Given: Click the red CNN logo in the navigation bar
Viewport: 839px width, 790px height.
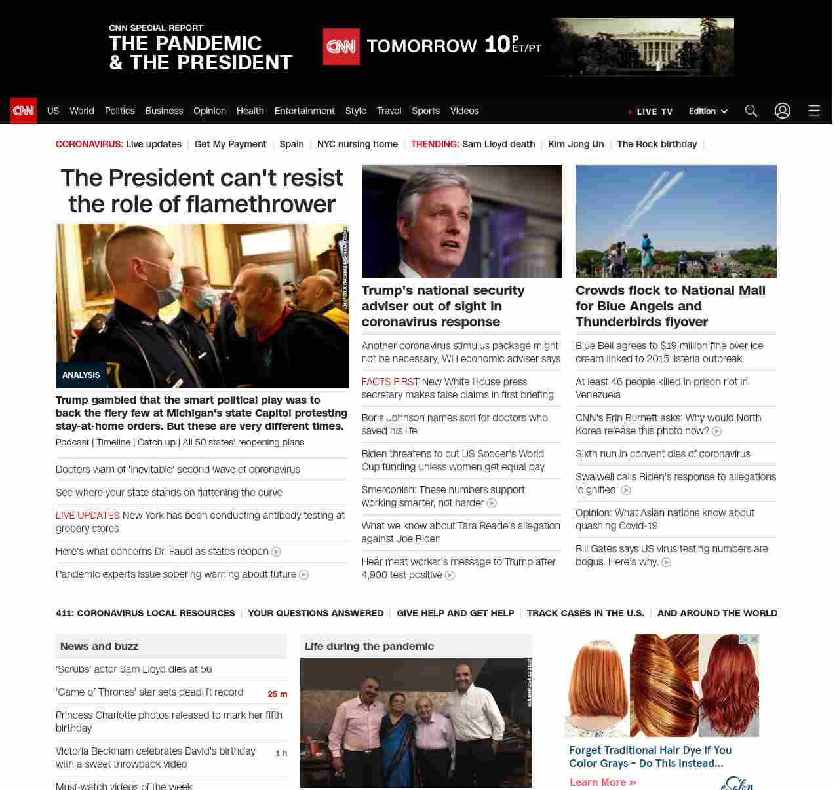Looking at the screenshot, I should [x=24, y=111].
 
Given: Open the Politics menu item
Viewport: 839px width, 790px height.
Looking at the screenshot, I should [x=119, y=111].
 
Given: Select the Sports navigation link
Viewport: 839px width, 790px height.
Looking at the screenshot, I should [x=425, y=111].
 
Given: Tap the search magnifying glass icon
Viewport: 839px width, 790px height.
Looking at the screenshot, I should [x=751, y=111].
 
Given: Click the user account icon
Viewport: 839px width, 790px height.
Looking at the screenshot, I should [x=783, y=111].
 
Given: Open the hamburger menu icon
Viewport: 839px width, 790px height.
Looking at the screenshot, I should [x=814, y=111].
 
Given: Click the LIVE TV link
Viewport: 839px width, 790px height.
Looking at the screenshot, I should [x=650, y=111].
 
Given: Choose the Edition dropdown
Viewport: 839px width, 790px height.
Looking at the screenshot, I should [x=708, y=111].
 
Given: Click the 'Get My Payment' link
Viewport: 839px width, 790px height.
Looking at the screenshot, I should [x=230, y=144].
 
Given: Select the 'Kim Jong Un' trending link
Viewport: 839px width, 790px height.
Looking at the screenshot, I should [x=576, y=144].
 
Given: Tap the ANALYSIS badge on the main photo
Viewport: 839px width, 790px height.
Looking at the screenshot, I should [x=81, y=375].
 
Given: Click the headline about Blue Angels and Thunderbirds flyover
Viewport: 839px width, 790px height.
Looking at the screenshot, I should [x=670, y=306].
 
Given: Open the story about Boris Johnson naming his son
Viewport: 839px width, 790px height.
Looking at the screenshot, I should [x=454, y=424].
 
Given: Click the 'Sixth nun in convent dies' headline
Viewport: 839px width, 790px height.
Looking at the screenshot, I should [x=663, y=453].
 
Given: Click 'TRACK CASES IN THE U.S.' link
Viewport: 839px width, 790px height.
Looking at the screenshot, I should [x=585, y=613].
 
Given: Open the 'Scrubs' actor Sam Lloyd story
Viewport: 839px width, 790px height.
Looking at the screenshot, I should [x=134, y=669].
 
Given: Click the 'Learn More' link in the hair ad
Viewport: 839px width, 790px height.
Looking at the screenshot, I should [x=602, y=782].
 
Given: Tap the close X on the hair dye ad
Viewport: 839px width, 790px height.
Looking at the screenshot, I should [x=754, y=639].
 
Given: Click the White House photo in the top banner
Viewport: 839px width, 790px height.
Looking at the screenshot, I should [x=642, y=47].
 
